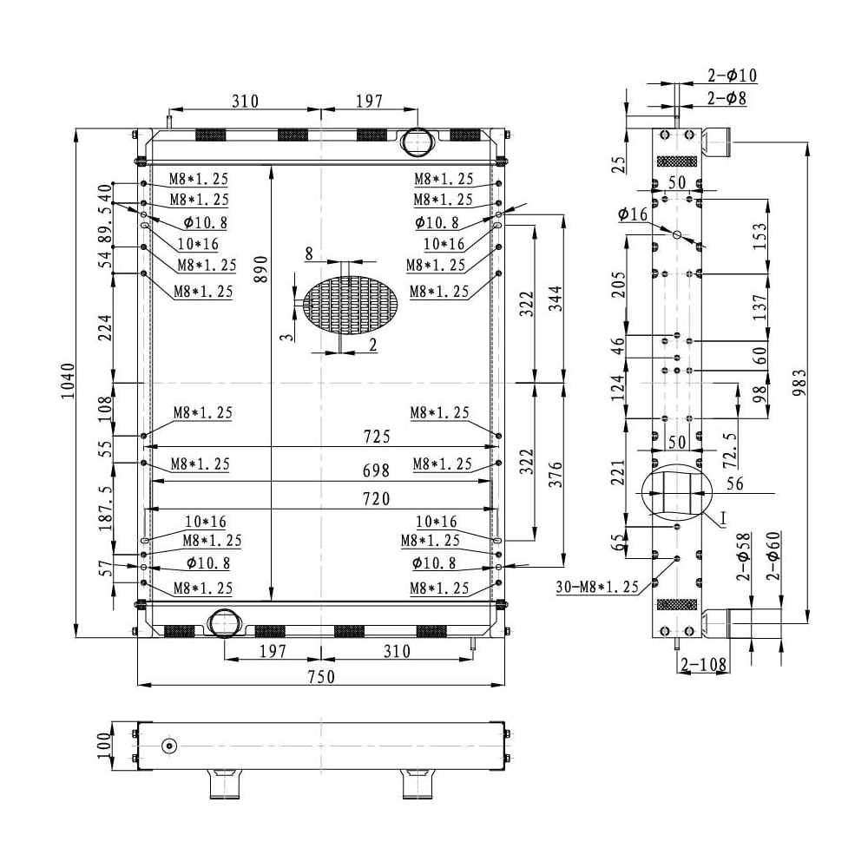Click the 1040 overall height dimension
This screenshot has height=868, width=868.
67,381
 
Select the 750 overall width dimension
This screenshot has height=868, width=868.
321,676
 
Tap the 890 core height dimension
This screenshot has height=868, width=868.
260,269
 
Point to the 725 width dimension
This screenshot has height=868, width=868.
377,437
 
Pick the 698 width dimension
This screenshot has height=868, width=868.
377,470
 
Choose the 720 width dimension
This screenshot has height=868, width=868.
377,499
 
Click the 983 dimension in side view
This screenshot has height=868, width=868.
799,383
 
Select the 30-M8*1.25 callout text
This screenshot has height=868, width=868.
597,586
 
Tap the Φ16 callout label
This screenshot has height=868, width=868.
633,214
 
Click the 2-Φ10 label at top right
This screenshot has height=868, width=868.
732,75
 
